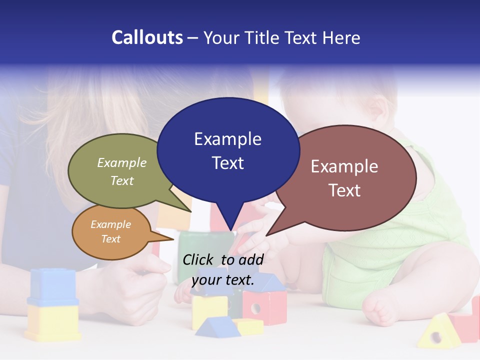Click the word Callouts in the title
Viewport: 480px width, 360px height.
click(x=147, y=37)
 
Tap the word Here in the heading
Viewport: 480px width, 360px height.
click(x=341, y=38)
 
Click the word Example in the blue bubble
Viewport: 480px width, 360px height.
click(x=227, y=139)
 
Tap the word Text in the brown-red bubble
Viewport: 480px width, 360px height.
click(x=344, y=190)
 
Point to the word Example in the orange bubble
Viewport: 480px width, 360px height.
click(x=110, y=224)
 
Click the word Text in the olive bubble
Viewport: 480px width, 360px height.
click(x=121, y=180)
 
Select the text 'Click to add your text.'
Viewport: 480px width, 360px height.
click(x=223, y=270)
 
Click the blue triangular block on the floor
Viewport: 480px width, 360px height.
click(x=215, y=326)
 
